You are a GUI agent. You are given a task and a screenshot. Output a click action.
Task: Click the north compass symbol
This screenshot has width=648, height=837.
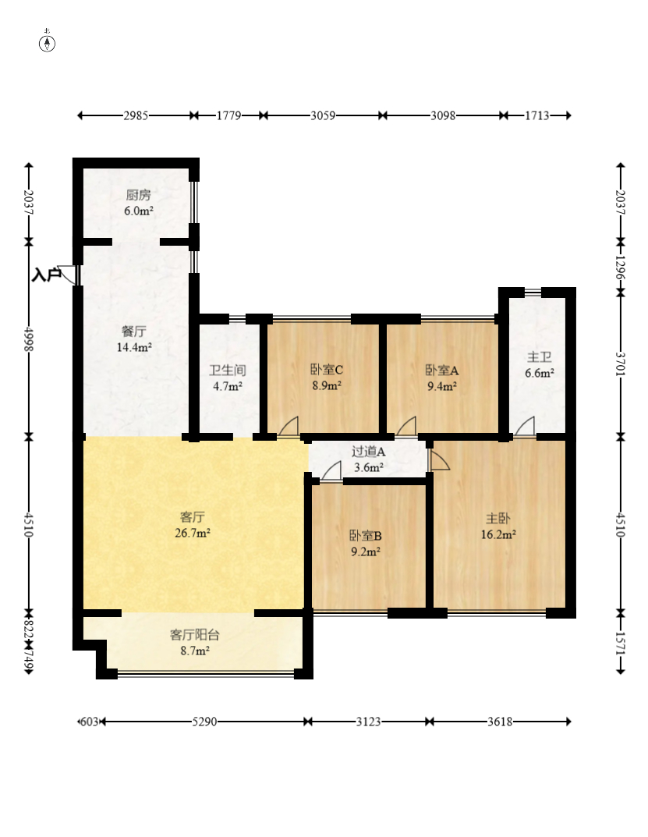[47, 43]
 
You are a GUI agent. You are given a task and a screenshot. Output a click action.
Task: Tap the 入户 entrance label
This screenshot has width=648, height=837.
[47, 275]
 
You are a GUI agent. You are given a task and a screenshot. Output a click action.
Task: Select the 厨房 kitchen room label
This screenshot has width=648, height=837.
[138, 195]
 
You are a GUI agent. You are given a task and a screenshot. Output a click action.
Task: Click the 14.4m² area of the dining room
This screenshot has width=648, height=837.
[134, 347]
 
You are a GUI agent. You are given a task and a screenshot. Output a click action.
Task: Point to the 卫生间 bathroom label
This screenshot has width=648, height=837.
[228, 370]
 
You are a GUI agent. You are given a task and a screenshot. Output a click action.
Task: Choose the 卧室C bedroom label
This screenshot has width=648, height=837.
[327, 370]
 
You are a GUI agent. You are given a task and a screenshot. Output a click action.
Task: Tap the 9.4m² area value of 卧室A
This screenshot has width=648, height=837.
[442, 386]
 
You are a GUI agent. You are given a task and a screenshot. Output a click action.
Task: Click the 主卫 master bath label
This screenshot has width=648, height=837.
[539, 356]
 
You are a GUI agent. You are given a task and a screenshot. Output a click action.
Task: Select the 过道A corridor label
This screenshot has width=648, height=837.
[368, 452]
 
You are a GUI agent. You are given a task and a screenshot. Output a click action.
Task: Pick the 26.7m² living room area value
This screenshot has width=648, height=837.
[192, 533]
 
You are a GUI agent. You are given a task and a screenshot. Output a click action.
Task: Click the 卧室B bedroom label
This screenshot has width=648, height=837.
[366, 535]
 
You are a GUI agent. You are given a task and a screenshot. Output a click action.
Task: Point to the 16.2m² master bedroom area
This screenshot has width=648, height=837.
[498, 534]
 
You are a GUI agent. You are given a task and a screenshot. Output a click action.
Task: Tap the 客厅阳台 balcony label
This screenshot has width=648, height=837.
[194, 635]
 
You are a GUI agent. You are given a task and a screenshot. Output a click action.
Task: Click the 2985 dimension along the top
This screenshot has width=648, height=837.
[136, 115]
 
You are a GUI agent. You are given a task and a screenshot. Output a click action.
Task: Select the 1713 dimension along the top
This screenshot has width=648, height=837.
[536, 115]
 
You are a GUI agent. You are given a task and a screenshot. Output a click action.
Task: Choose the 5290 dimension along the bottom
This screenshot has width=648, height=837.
[204, 722]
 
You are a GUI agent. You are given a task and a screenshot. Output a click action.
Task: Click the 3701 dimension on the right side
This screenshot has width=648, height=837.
[620, 364]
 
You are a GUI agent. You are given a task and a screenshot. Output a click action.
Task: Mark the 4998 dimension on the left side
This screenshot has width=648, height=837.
[29, 339]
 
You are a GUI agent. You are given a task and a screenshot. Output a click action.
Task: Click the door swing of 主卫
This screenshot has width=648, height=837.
[525, 426]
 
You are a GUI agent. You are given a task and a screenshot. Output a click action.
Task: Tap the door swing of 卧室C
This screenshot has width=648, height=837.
[289, 426]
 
